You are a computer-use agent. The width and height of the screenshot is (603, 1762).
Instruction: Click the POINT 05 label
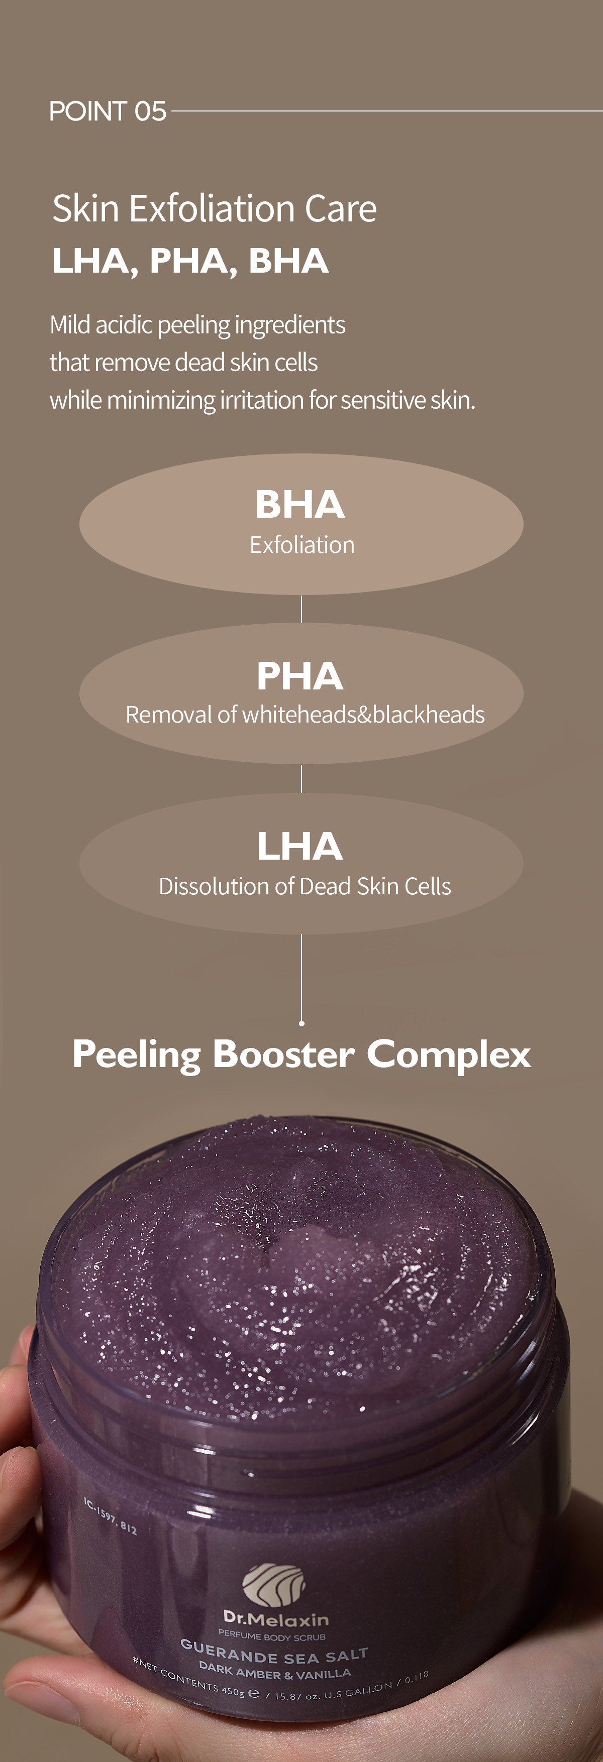[108, 111]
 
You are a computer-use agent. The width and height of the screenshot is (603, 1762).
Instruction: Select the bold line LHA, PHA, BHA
[190, 261]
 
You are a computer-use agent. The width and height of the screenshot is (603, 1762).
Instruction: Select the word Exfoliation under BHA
[302, 545]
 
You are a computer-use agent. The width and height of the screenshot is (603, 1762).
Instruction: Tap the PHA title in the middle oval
[300, 676]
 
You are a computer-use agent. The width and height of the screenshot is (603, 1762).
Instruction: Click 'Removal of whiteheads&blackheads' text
[305, 715]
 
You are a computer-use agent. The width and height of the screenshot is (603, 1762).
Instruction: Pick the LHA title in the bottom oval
[300, 846]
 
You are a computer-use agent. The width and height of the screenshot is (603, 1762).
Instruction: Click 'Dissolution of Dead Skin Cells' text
[305, 886]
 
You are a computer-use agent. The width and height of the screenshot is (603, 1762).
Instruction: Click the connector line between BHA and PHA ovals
[301, 609]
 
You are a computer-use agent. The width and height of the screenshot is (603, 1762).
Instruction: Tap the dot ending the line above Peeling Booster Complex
[301, 1023]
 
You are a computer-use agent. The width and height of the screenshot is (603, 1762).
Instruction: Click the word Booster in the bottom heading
[283, 1054]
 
